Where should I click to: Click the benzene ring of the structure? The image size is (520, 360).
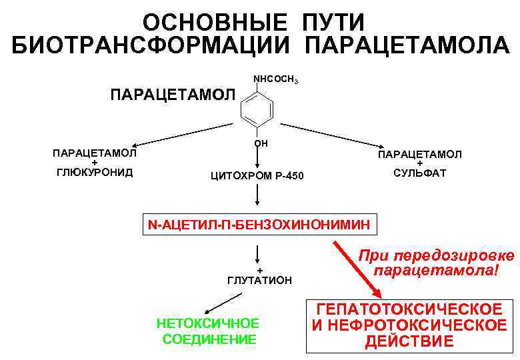pyautogui.click(x=257, y=108)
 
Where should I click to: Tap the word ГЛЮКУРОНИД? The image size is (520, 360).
pyautogui.click(x=94, y=173)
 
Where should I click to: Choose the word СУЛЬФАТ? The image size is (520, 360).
pyautogui.click(x=419, y=173)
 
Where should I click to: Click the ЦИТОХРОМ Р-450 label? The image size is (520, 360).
pyautogui.click(x=257, y=176)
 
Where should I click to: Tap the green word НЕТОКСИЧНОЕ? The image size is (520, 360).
pyautogui.click(x=207, y=323)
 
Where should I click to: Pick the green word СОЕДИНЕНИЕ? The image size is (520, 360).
pyautogui.click(x=209, y=339)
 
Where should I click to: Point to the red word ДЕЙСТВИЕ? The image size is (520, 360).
pyautogui.click(x=409, y=343)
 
